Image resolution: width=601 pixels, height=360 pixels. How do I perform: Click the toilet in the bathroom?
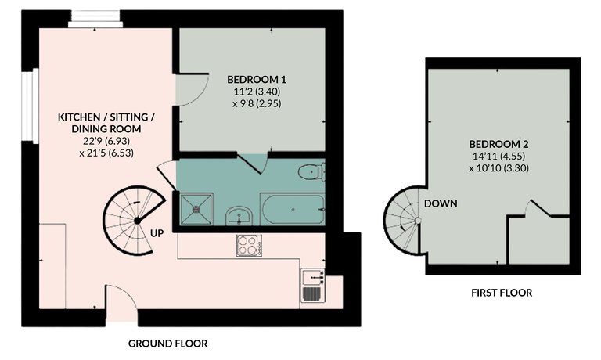[x=311, y=171]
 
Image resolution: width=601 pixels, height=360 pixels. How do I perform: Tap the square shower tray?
[x=196, y=209]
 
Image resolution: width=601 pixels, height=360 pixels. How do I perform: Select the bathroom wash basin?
[x=239, y=216]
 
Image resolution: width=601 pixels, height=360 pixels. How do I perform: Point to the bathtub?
[x=293, y=209]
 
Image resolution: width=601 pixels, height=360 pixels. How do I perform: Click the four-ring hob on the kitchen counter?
[x=249, y=246]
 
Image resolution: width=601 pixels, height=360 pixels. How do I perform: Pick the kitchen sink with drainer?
[x=313, y=285]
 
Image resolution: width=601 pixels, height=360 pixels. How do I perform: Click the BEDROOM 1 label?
[x=257, y=80]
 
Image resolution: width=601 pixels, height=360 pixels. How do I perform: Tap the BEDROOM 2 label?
[x=498, y=145]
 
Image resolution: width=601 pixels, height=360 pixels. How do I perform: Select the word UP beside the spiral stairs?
[x=157, y=232]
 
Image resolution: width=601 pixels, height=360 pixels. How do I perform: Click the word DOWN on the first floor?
[x=441, y=203]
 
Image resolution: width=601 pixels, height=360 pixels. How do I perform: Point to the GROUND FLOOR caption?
[x=167, y=344]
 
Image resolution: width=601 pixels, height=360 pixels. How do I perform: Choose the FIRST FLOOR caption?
[x=502, y=293]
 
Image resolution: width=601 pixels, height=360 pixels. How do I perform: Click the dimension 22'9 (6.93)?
[x=106, y=141]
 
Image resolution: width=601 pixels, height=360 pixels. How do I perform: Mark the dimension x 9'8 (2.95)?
[x=257, y=103]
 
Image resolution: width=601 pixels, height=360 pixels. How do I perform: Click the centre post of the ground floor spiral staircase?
[x=137, y=221]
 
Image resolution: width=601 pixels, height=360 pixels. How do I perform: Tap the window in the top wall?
[x=95, y=19]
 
